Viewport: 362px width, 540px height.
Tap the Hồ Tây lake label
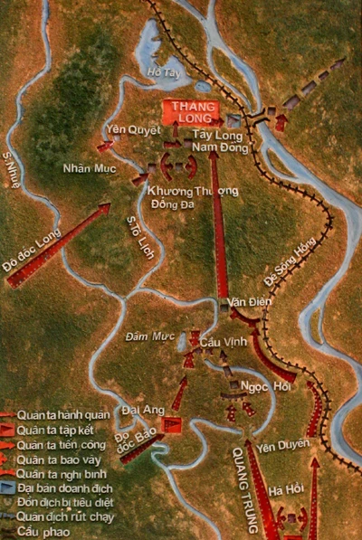pyautogui.click(x=162, y=71)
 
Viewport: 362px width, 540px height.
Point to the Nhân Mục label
pyautogui.click(x=88, y=168)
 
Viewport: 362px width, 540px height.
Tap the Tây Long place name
pyautogui.click(x=214, y=133)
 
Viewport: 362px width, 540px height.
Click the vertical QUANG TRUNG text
pyautogui.click(x=245, y=488)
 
